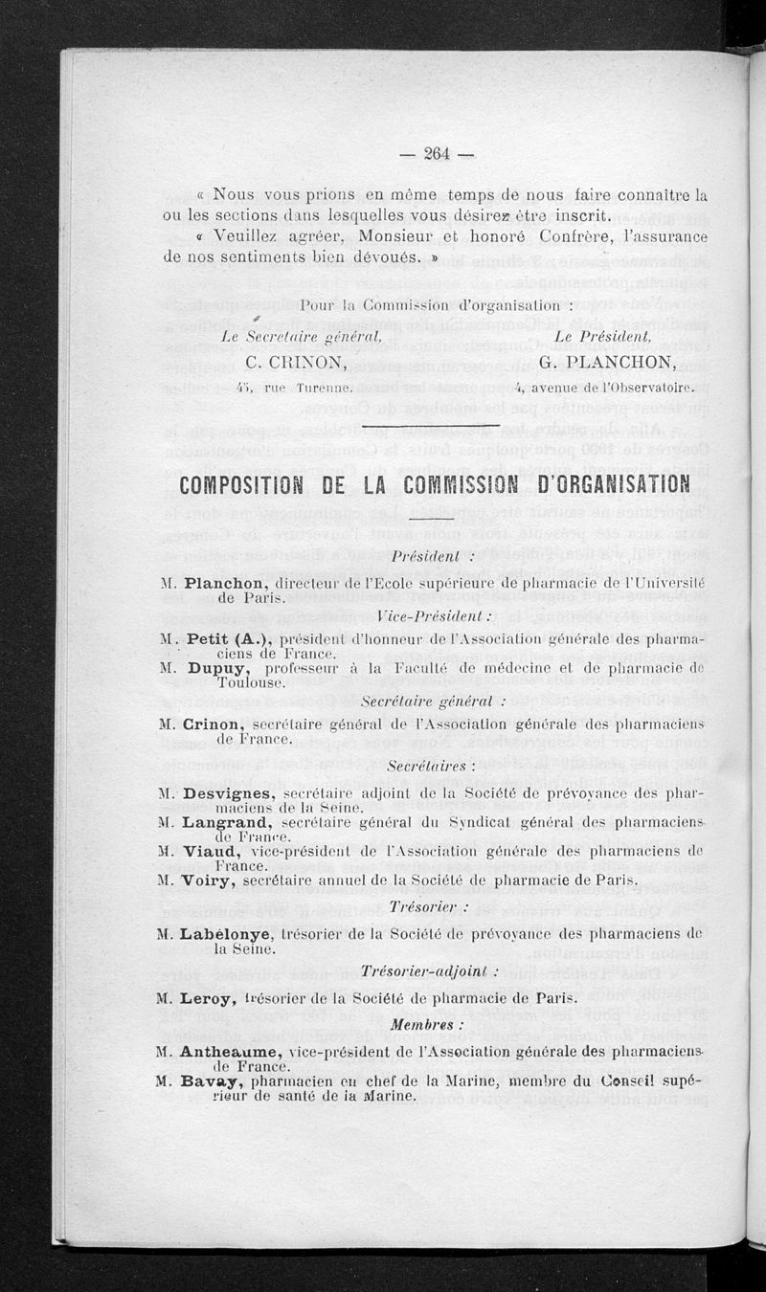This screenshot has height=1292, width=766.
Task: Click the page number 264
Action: pos(436,153)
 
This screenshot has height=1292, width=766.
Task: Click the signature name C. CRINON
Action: pos(296,362)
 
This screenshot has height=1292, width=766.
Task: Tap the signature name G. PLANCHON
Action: pos(607,362)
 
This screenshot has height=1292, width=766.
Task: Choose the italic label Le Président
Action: pos(602,336)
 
